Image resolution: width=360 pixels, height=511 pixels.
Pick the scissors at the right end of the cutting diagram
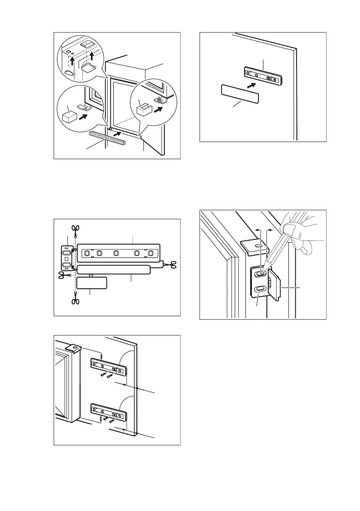pos(173,265)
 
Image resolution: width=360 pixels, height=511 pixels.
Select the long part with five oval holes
pos(118,253)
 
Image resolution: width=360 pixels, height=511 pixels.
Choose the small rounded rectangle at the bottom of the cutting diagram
pos(91,283)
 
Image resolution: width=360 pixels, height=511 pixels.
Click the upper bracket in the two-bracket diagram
pos(109,366)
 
